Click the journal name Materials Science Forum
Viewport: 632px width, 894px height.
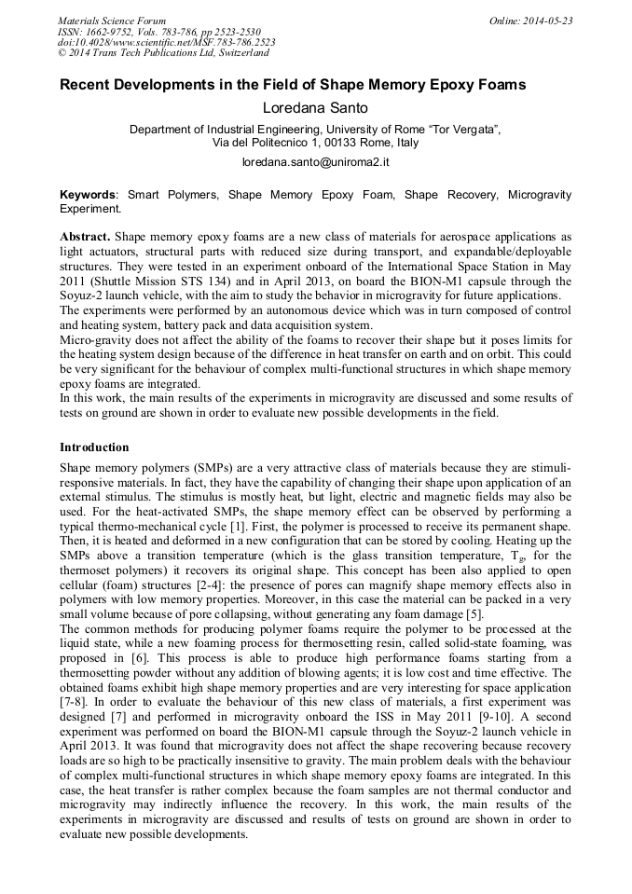tap(112, 20)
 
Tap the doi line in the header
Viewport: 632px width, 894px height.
tap(166, 42)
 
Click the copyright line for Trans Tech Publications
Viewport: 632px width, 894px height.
tap(163, 53)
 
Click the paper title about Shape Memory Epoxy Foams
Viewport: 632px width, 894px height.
tap(293, 85)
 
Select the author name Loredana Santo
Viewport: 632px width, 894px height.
tap(315, 109)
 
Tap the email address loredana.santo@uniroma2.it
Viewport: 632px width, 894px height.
tap(315, 162)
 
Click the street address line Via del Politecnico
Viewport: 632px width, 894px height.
tap(315, 143)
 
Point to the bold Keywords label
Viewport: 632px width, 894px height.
tap(89, 196)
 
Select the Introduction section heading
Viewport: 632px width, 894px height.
tap(94, 447)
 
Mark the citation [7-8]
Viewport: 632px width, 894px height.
tap(71, 696)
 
